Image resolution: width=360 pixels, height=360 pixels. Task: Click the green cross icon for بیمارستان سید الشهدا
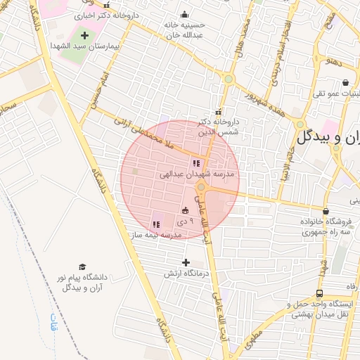[85, 34]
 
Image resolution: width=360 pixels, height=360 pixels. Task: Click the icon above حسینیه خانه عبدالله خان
[184, 15]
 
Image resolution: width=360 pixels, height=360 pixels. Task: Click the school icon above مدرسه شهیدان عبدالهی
[195, 163]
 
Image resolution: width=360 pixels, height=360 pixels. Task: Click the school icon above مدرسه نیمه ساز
[155, 225]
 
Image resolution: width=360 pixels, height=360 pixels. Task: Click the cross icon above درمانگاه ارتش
[185, 262]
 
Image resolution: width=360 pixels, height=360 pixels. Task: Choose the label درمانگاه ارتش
[184, 273]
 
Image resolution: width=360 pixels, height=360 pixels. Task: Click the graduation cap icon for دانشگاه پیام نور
[83, 267]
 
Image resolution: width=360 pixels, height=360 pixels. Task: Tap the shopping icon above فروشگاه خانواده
[325, 211]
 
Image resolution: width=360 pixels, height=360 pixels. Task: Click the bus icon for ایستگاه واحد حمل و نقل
[320, 293]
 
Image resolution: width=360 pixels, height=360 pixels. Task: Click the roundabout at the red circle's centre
[201, 187]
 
